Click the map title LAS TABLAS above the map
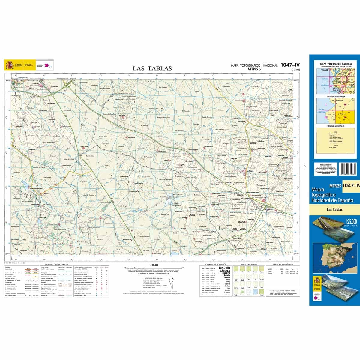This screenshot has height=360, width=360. coord(152,69)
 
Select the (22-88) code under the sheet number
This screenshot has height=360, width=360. coord(295,70)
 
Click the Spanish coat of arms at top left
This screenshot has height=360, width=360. coord(8,65)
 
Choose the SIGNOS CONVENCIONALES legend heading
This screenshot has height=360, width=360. coord(56,264)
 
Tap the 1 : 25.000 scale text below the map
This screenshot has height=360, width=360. coord(153,265)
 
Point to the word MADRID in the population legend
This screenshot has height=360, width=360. coord(225,268)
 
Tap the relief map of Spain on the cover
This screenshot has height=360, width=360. coord(334,258)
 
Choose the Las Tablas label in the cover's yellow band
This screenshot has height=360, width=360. coord(334,210)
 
